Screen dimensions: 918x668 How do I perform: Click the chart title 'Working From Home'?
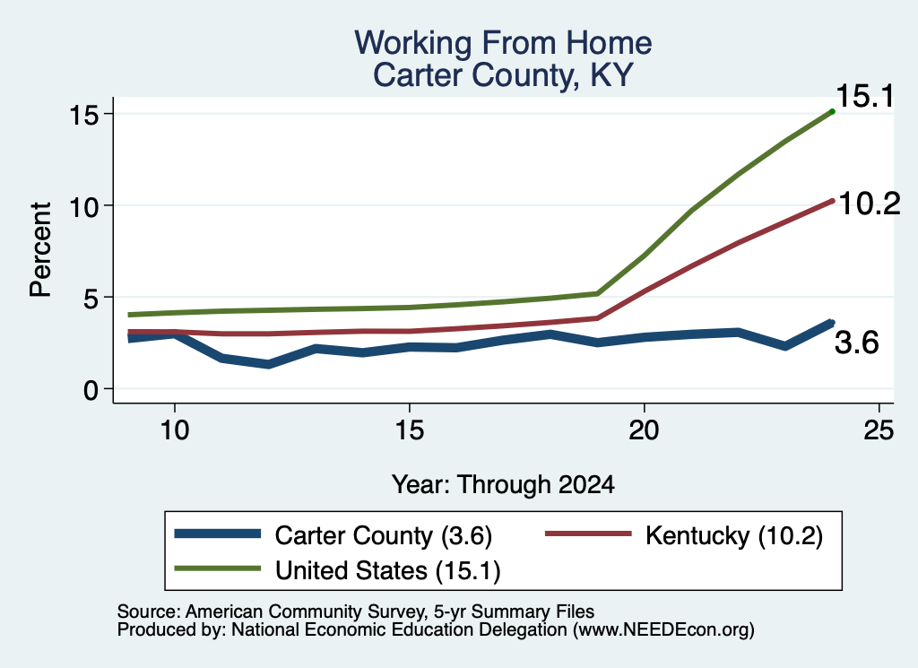pyautogui.click(x=503, y=43)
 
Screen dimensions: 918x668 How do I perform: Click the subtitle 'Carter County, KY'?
pyautogui.click(x=503, y=75)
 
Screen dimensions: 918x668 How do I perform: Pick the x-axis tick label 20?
pyautogui.click(x=644, y=430)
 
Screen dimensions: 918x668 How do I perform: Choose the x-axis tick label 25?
pyautogui.click(x=879, y=430)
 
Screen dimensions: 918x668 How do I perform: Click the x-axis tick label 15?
pyautogui.click(x=409, y=430)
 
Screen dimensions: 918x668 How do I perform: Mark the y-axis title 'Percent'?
pyautogui.click(x=40, y=249)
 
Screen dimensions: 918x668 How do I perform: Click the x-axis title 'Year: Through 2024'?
pyautogui.click(x=503, y=485)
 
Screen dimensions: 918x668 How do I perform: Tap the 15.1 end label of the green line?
pyautogui.click(x=865, y=96)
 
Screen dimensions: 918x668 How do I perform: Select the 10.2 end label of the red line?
pyautogui.click(x=870, y=204)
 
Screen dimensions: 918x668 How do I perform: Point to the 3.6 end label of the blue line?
pyautogui.click(x=856, y=343)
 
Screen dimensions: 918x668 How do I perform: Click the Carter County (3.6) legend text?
pyautogui.click(x=384, y=535)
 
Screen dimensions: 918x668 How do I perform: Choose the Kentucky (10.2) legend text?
pyautogui.click(x=734, y=535)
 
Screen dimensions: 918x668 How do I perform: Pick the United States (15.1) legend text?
pyautogui.click(x=388, y=571)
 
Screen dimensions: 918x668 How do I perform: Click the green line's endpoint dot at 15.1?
pyautogui.click(x=832, y=111)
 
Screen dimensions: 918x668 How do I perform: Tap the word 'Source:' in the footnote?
pyautogui.click(x=149, y=612)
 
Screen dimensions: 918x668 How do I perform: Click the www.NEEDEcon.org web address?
pyautogui.click(x=663, y=630)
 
